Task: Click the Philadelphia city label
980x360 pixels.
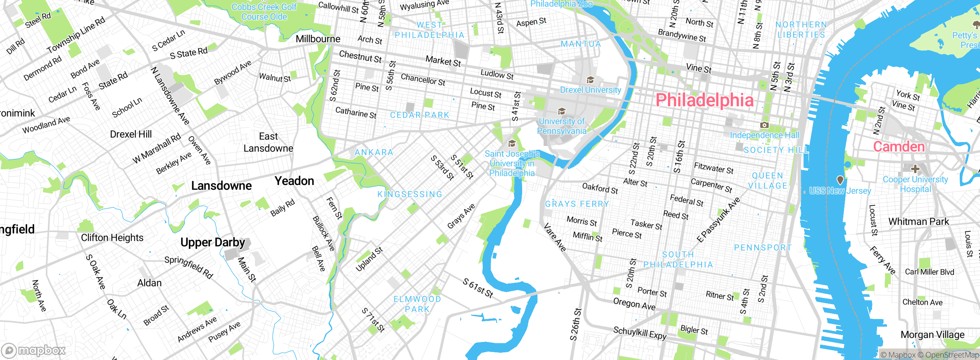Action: click(704, 100)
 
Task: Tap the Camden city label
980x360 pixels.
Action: click(898, 147)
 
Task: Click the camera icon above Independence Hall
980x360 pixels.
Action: click(764, 125)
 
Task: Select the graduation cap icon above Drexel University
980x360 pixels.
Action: click(590, 80)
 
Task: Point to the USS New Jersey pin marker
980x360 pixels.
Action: click(840, 180)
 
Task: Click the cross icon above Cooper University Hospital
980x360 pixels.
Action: click(915, 169)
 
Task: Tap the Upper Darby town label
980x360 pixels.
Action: click(212, 242)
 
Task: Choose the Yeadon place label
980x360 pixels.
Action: click(294, 181)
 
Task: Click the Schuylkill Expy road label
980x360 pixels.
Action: click(640, 333)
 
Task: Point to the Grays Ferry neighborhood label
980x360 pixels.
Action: click(577, 204)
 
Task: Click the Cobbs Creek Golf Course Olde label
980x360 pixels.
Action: click(264, 12)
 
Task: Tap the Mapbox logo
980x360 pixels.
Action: click(34, 350)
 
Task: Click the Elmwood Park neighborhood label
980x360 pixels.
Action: click(417, 304)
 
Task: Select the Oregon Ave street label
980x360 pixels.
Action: click(634, 304)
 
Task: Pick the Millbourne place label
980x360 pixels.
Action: click(318, 39)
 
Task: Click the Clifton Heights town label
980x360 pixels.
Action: click(112, 238)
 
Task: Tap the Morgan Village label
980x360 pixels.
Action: click(932, 335)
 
